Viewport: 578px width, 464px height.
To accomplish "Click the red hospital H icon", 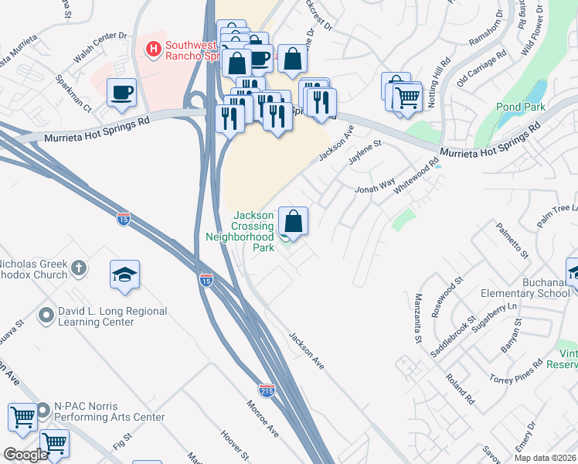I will pos(153,49).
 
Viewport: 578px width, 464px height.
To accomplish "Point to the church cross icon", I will pos(78,268).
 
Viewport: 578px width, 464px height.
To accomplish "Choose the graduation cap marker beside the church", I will pos(124,275).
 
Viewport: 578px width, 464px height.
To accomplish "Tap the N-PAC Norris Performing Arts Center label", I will pos(109,411).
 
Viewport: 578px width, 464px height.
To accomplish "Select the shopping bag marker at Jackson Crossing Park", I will pos(293,220).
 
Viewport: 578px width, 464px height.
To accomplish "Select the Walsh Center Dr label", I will pos(100,48).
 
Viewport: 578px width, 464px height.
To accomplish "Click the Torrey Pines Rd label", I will pos(517,374).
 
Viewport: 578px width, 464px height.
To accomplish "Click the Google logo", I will pos(25,455).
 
